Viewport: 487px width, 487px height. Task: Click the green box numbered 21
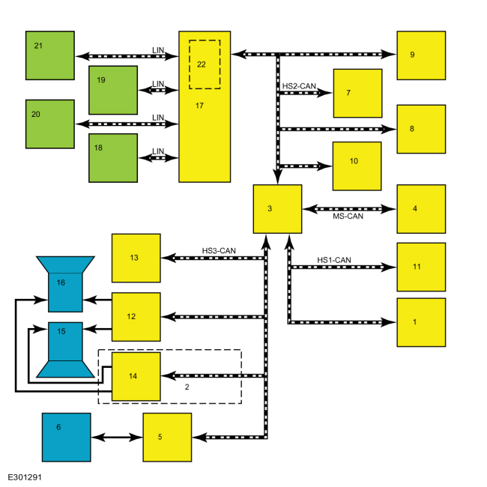click(50, 55)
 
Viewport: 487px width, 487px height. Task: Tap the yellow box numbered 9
click(421, 55)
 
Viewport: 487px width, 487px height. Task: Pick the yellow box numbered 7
click(358, 93)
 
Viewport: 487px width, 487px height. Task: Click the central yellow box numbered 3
click(277, 209)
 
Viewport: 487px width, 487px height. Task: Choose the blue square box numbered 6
click(67, 438)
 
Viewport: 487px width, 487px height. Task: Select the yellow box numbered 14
click(136, 376)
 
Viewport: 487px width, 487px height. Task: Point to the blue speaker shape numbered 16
click(65, 284)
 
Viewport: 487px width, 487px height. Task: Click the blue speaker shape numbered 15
click(65, 350)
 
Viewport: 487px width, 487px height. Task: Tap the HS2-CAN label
click(299, 86)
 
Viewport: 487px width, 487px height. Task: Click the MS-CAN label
click(348, 217)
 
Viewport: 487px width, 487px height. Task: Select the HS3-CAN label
click(219, 251)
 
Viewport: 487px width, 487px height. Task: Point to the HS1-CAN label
click(334, 260)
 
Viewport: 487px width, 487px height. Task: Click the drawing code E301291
click(25, 477)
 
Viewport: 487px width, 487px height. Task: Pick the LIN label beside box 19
click(158, 84)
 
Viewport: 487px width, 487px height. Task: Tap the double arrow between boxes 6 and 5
click(117, 438)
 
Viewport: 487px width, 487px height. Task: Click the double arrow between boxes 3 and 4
click(349, 209)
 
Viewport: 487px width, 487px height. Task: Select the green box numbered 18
click(113, 158)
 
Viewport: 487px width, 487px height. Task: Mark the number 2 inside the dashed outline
click(187, 387)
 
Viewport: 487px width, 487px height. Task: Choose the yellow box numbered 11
click(421, 267)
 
